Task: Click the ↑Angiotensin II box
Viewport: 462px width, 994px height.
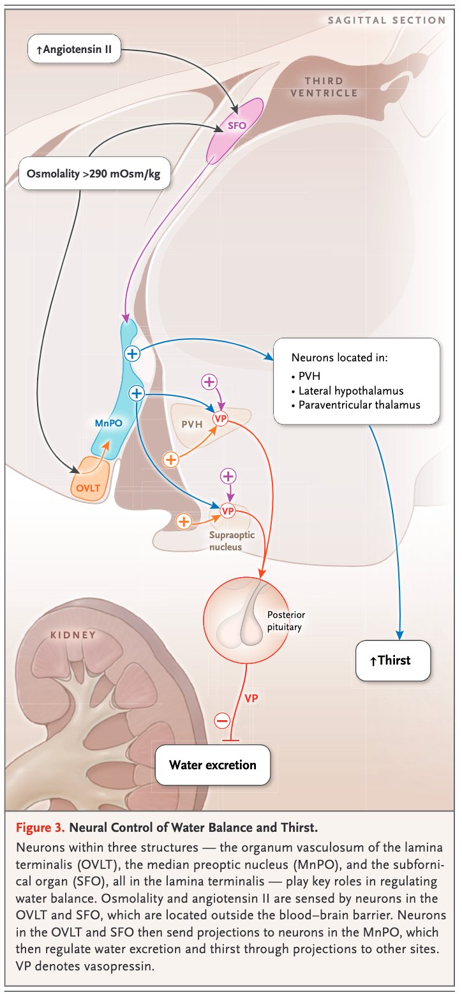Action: pyautogui.click(x=74, y=49)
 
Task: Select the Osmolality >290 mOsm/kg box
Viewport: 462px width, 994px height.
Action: pyautogui.click(x=94, y=172)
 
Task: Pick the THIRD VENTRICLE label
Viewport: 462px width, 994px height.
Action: pyautogui.click(x=324, y=87)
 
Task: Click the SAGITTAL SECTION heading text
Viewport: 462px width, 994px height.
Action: pyautogui.click(x=386, y=20)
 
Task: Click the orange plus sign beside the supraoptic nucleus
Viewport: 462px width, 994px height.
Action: pyautogui.click(x=184, y=522)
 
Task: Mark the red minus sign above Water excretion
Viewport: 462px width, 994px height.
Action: pyautogui.click(x=221, y=721)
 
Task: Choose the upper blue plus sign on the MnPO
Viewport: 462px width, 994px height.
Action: pyautogui.click(x=132, y=352)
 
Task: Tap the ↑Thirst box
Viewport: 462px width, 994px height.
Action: pyautogui.click(x=393, y=660)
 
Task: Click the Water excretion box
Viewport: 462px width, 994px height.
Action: pyautogui.click(x=212, y=764)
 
